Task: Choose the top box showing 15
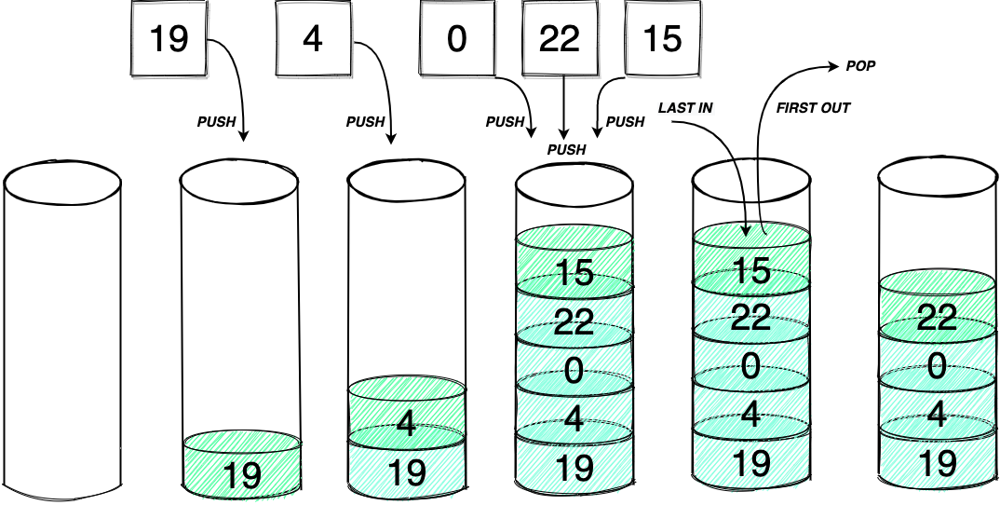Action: tap(662, 39)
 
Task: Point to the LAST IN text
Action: tap(685, 108)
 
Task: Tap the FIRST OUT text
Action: tap(813, 108)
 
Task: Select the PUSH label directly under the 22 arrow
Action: tap(566, 149)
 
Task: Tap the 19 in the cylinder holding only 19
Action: tap(242, 476)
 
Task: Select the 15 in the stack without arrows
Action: tap(574, 273)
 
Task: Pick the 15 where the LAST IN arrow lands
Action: tap(751, 270)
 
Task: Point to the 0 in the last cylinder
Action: tap(937, 365)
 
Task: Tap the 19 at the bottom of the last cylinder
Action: tap(937, 462)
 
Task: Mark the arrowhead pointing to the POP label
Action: tap(833, 66)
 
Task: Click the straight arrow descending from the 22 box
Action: tap(562, 107)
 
